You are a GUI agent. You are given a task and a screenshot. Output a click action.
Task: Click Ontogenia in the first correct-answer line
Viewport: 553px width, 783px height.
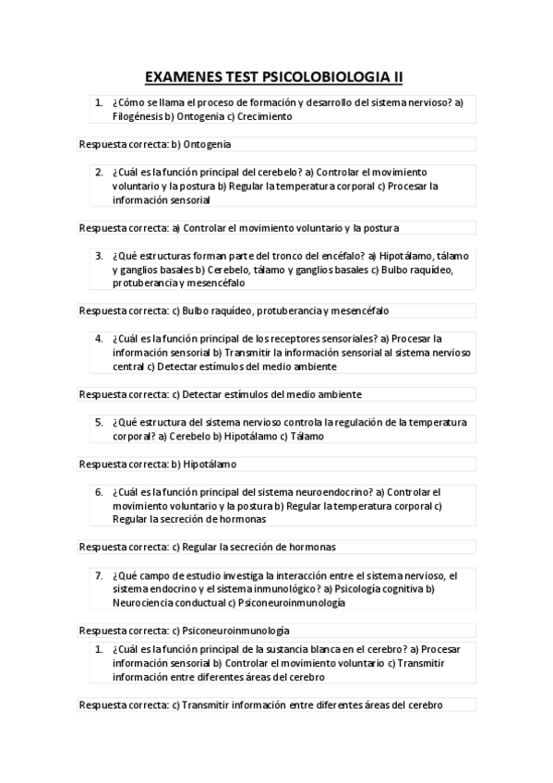click(x=207, y=144)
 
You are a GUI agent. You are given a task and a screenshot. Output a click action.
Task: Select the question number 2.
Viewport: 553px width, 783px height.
click(x=99, y=172)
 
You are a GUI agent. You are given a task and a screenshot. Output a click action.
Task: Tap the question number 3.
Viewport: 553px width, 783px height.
click(x=99, y=255)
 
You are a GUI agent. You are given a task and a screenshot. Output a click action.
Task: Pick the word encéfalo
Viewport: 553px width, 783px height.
click(x=337, y=256)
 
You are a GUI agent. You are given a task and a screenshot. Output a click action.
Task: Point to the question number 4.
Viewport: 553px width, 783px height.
click(x=99, y=338)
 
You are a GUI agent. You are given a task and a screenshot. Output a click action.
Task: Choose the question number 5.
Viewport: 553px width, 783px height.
click(x=99, y=421)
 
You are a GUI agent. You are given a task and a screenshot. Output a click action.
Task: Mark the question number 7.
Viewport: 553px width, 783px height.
click(x=99, y=574)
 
